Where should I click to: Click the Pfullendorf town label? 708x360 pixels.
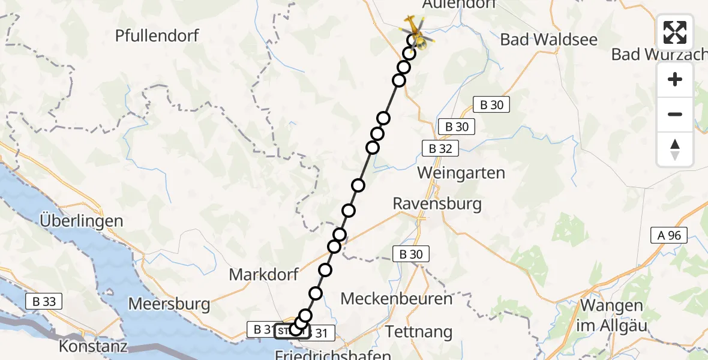[157, 35]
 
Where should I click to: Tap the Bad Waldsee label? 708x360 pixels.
[548, 40]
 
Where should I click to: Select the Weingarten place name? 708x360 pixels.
[461, 173]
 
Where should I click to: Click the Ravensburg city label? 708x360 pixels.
[437, 203]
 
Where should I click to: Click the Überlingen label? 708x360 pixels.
[82, 221]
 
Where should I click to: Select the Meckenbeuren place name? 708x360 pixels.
[395, 298]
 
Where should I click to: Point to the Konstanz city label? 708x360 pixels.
[93, 347]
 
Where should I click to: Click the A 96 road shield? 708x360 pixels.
[669, 236]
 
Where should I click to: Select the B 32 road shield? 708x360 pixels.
[440, 148]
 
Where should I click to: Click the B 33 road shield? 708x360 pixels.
[44, 302]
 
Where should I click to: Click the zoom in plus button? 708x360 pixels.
[675, 80]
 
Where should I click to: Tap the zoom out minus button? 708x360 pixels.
[675, 114]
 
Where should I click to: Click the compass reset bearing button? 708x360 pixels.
[675, 149]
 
